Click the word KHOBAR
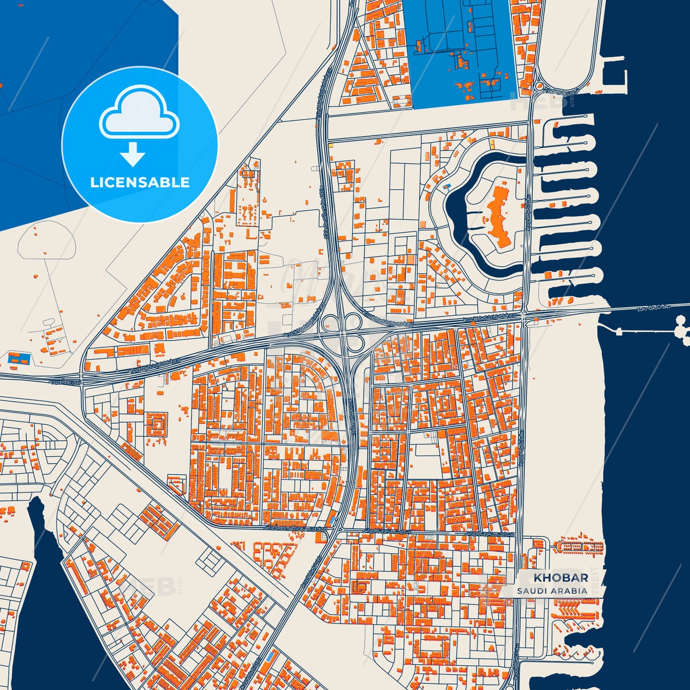click(x=561, y=577)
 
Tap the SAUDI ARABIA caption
click(x=552, y=591)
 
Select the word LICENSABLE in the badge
click(x=140, y=182)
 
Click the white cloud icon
click(x=139, y=113)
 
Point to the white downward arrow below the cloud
click(x=133, y=154)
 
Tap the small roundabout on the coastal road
click(x=539, y=86)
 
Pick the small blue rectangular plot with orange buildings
click(x=19, y=358)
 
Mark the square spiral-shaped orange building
click(x=157, y=424)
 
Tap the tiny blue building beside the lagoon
click(x=447, y=185)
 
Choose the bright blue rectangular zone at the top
click(x=458, y=53)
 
